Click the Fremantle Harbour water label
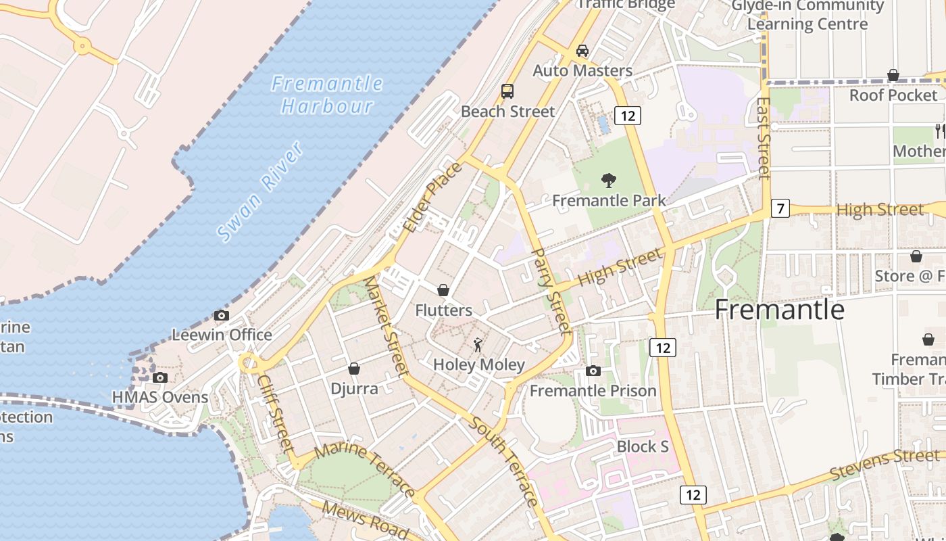pyautogui.click(x=327, y=95)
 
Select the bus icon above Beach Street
pyautogui.click(x=507, y=91)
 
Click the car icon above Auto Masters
pyautogui.click(x=582, y=51)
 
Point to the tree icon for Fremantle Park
pyautogui.click(x=609, y=181)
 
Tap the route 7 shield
pyautogui.click(x=780, y=208)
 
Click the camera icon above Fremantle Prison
pyautogui.click(x=593, y=371)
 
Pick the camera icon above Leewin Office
pyautogui.click(x=221, y=315)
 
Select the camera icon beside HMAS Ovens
pyautogui.click(x=160, y=378)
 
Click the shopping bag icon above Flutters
pyautogui.click(x=443, y=290)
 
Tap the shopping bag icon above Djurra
pyautogui.click(x=354, y=369)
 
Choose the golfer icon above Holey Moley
pyautogui.click(x=478, y=345)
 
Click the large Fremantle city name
pyautogui.click(x=780, y=310)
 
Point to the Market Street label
pyautogui.click(x=387, y=327)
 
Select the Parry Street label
pyautogui.click(x=552, y=291)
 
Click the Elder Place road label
pyautogui.click(x=433, y=197)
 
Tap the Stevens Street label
pyautogui.click(x=885, y=465)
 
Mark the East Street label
pyautogui.click(x=764, y=138)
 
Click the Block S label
pyautogui.click(x=643, y=446)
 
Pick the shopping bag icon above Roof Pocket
pyautogui.click(x=893, y=75)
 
